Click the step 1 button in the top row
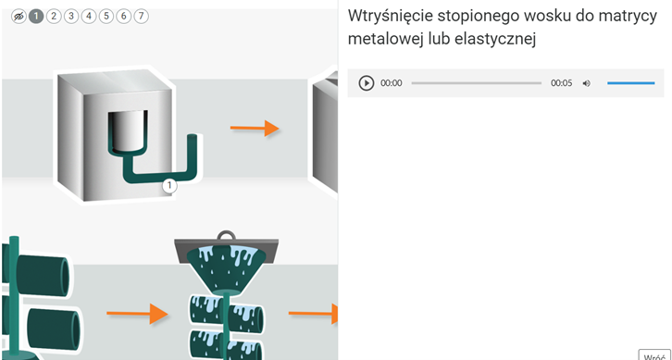(x=36, y=17)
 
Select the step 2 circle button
(x=54, y=17)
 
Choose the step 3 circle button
(x=71, y=17)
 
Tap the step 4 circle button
(x=89, y=17)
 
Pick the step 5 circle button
(x=106, y=17)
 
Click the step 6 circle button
(x=124, y=17)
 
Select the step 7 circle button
(x=141, y=17)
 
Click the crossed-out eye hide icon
(x=19, y=17)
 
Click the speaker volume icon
(x=586, y=83)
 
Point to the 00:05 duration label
(x=562, y=83)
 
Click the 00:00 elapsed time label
(x=392, y=83)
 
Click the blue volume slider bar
(x=631, y=83)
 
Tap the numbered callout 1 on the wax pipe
(x=169, y=186)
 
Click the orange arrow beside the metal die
(x=255, y=128)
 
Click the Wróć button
(x=654, y=355)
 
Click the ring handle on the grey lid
(x=226, y=235)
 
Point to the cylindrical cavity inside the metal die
(x=128, y=130)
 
